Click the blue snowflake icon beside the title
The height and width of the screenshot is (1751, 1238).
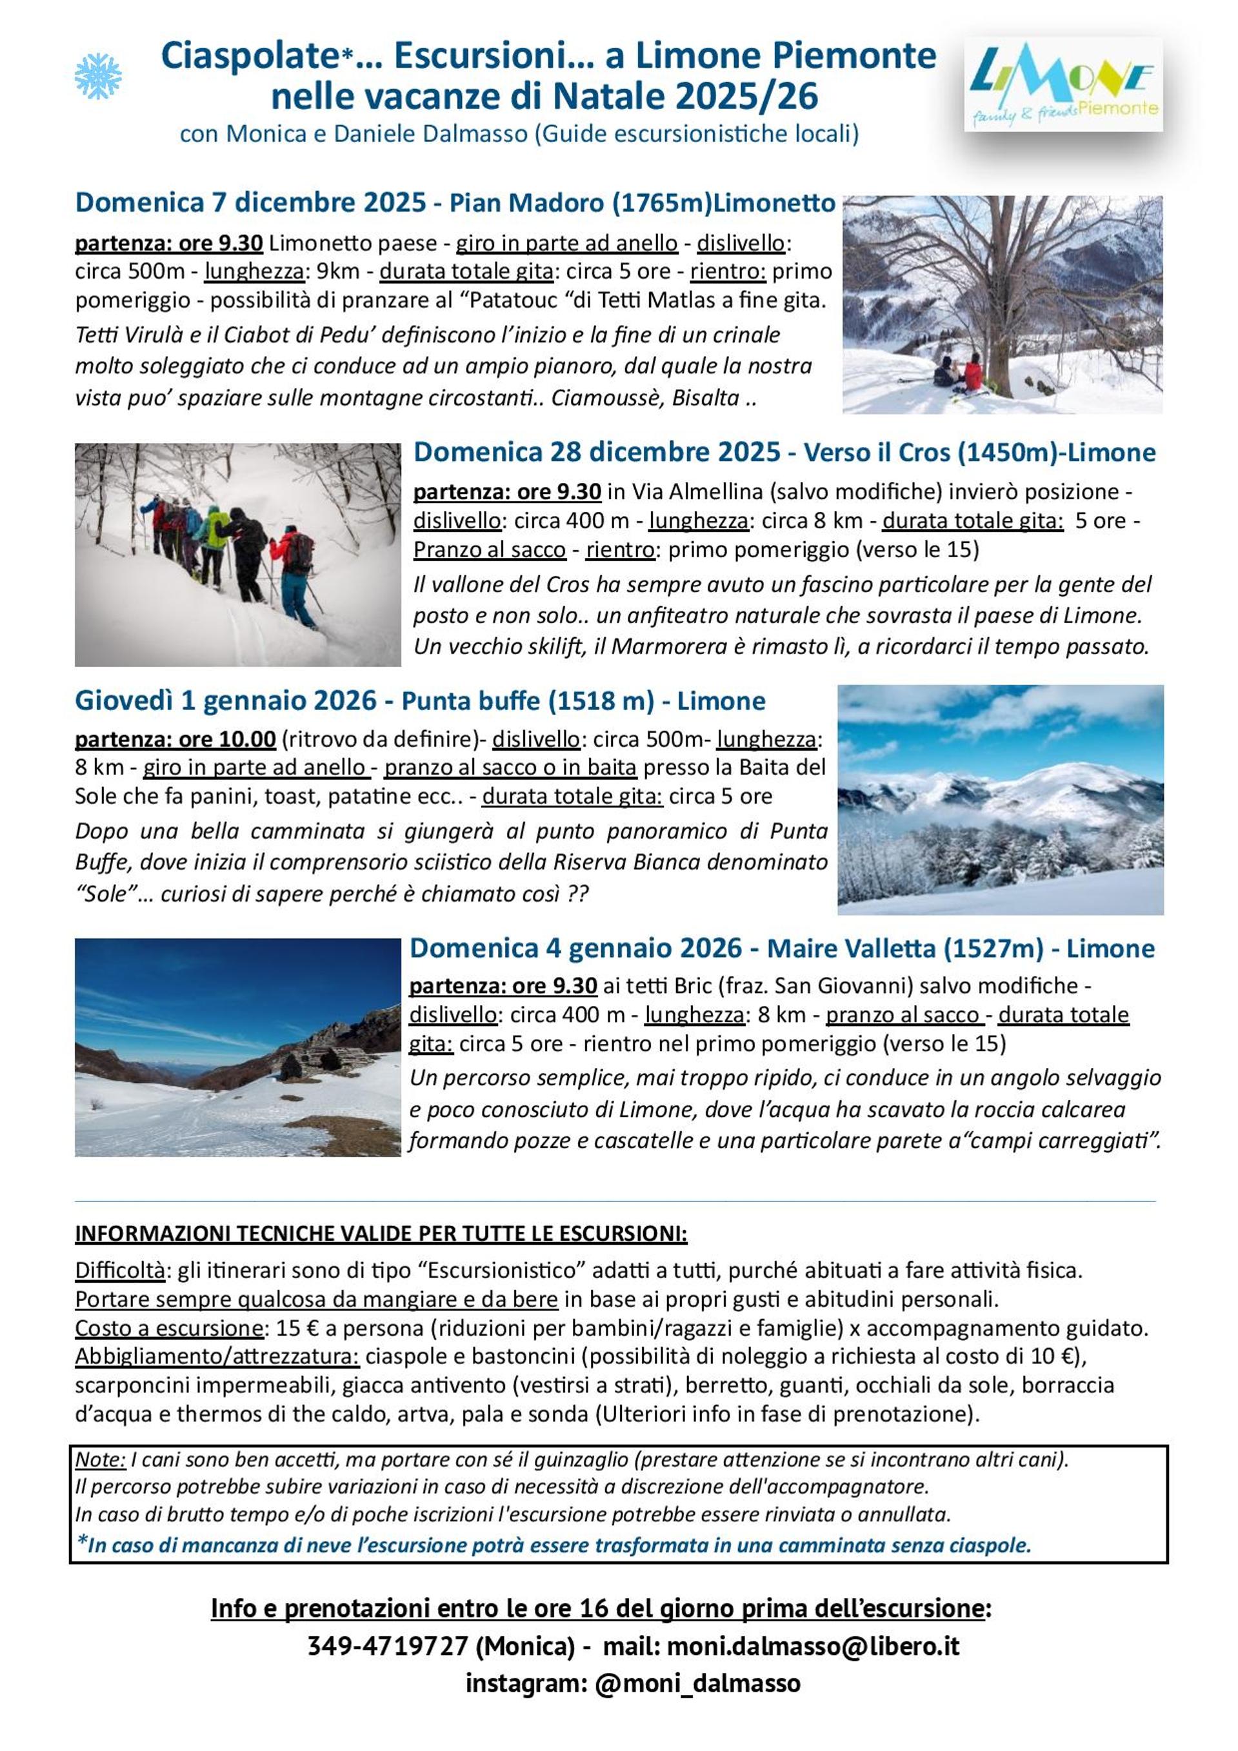[x=97, y=76]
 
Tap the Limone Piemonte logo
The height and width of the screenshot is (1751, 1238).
[x=1063, y=84]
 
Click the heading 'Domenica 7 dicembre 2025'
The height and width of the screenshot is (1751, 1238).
[x=250, y=202]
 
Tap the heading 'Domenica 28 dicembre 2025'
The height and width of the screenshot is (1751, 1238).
[x=597, y=452]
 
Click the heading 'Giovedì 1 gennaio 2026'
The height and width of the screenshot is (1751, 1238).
[x=226, y=701]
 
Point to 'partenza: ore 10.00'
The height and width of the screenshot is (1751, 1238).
[x=175, y=739]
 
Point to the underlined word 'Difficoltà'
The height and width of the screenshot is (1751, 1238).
[x=120, y=1271]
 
